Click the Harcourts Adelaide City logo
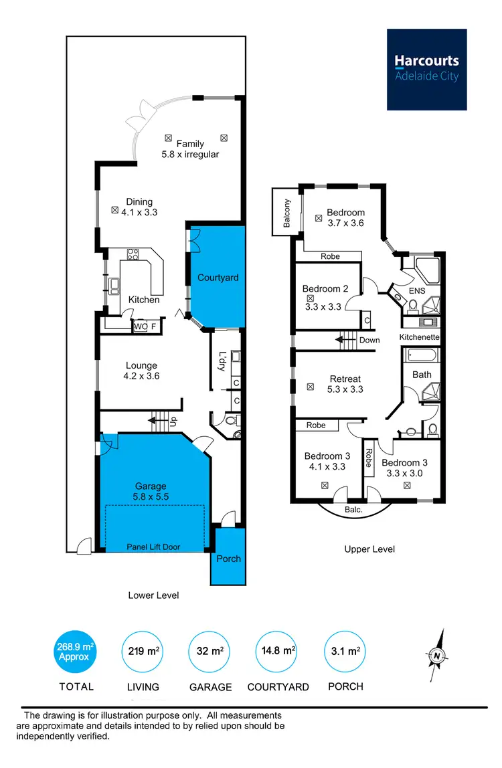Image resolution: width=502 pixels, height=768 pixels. click(426, 69)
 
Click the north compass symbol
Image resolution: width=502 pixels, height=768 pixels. click(437, 656)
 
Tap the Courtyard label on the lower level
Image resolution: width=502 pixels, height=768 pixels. click(218, 278)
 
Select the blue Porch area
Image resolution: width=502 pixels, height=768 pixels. click(228, 557)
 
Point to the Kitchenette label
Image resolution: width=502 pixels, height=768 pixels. click(420, 337)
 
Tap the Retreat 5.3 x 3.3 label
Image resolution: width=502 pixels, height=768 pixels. click(345, 383)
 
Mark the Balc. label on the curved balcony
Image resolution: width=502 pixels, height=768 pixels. click(353, 510)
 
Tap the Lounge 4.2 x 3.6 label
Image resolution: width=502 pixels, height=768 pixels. click(141, 371)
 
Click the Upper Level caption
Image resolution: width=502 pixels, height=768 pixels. click(369, 549)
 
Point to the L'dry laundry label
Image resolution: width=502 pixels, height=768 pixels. click(222, 362)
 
